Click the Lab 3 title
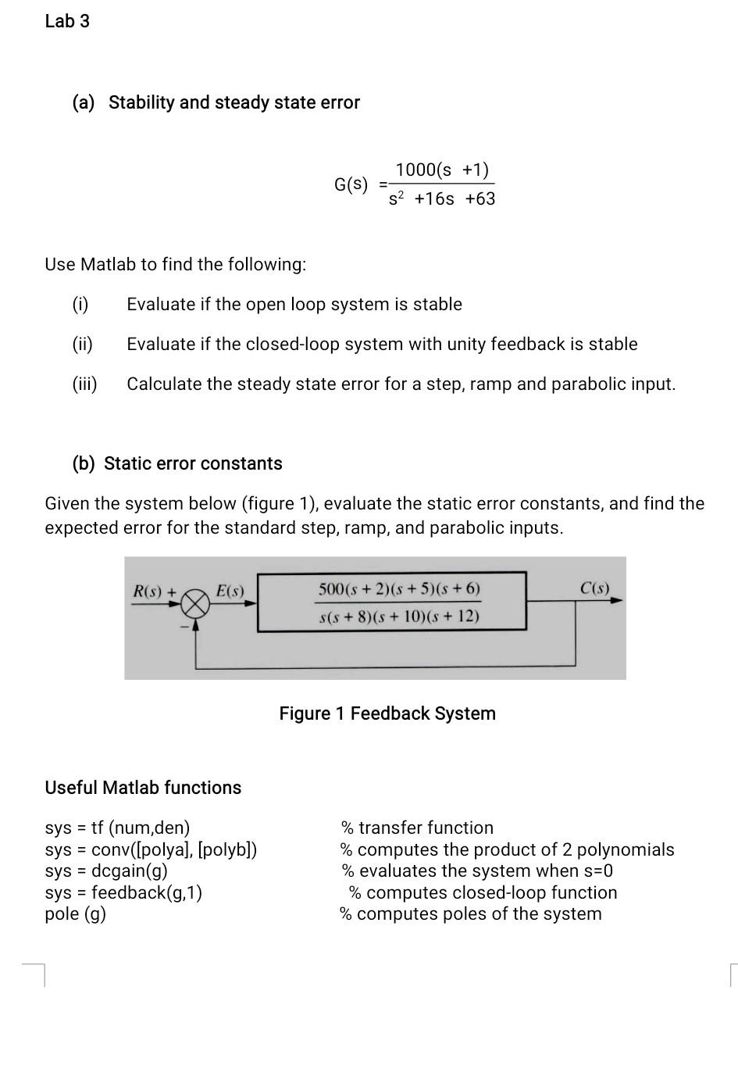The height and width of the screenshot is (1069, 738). coord(67,21)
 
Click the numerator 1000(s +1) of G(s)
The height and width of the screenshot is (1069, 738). coord(442,170)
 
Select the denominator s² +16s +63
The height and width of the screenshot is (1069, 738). coord(442,198)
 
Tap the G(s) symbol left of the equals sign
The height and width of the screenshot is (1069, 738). coord(351,184)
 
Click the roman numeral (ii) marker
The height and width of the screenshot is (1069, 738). coord(83,344)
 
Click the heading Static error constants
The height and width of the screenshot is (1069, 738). coord(193,463)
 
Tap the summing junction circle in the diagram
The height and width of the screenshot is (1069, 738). coord(196,602)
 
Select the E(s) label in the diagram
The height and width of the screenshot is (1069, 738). coord(230,592)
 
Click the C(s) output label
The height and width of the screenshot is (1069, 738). coord(595,588)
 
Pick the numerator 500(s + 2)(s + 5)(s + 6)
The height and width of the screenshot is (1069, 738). coord(399,588)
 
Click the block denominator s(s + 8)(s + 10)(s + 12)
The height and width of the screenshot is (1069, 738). coord(399,617)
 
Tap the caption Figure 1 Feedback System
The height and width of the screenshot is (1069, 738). coord(387,713)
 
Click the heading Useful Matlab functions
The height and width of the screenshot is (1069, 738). coord(143,787)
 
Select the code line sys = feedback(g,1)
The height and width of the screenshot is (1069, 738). coord(123,892)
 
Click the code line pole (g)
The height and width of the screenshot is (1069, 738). coord(75,913)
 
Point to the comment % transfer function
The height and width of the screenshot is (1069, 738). coord(417,828)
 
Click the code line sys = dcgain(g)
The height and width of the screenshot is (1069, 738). coord(106,871)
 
